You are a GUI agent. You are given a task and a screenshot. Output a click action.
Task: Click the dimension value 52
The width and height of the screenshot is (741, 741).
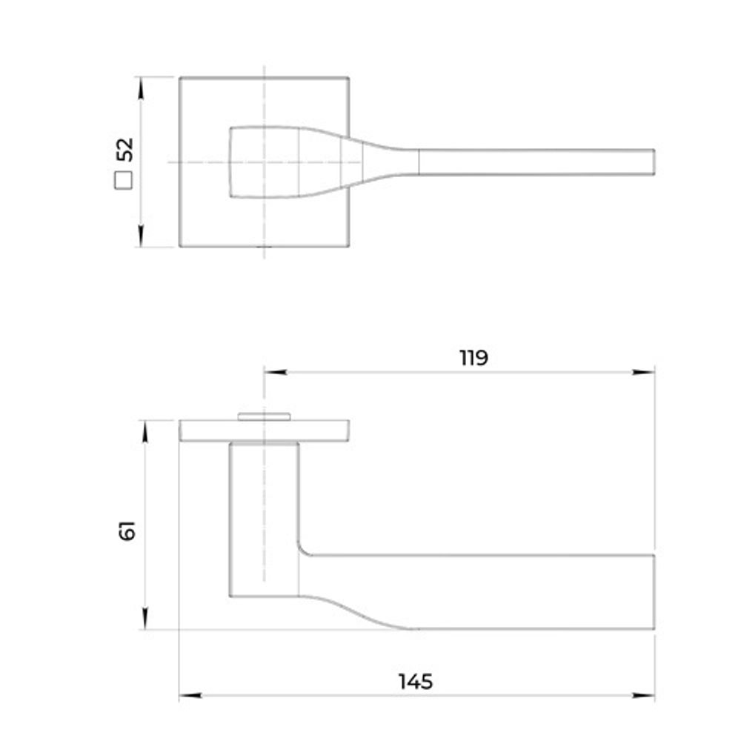(x=125, y=150)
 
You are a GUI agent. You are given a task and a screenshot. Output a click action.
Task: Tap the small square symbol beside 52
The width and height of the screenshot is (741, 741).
(x=124, y=181)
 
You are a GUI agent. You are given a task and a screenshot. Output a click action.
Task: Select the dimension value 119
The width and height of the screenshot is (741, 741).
(x=474, y=358)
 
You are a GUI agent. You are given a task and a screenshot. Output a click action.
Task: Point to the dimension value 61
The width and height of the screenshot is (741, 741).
(x=127, y=531)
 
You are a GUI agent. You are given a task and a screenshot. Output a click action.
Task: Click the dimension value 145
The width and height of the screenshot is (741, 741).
(x=416, y=682)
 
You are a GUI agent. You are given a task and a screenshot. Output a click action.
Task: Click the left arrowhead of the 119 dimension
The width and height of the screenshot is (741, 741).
(x=276, y=373)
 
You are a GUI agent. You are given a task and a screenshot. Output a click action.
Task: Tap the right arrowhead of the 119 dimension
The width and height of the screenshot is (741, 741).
(x=643, y=373)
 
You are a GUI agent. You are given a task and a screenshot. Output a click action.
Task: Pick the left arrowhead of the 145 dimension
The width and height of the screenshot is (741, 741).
(x=190, y=695)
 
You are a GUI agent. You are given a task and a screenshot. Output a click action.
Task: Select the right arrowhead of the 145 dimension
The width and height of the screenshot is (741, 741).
(x=643, y=695)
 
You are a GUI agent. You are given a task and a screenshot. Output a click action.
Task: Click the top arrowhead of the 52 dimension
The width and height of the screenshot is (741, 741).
(x=140, y=88)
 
